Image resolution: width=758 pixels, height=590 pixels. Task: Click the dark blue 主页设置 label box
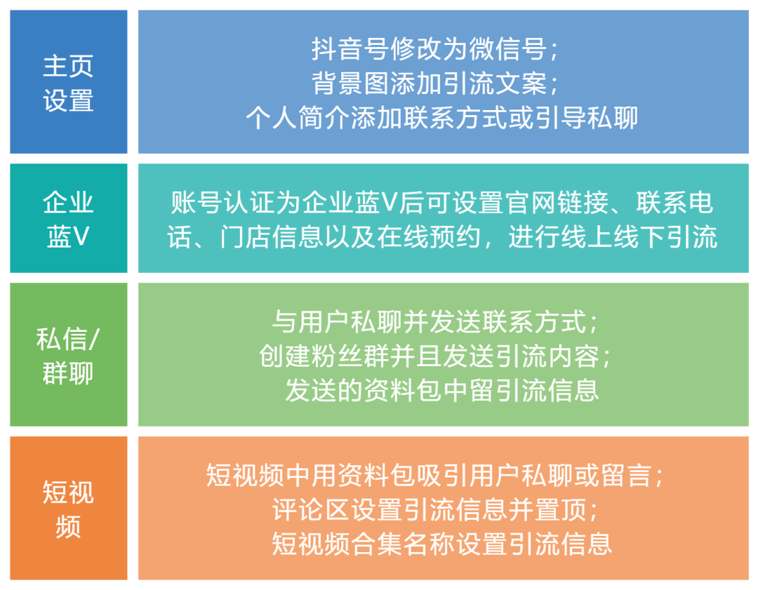tap(68, 82)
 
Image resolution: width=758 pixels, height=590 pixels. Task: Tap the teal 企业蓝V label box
tap(68, 218)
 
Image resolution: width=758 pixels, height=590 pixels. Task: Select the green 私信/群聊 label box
tap(68, 354)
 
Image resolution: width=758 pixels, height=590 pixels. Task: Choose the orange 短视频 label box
tap(68, 508)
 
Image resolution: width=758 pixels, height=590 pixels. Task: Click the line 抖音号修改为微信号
tap(435, 49)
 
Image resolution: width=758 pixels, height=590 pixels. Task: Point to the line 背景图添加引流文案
tap(435, 83)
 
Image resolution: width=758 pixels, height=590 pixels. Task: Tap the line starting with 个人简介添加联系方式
tap(442, 117)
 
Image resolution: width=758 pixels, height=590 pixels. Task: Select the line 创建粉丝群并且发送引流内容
tap(435, 356)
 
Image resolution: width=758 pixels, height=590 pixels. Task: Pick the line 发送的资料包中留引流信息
tap(442, 389)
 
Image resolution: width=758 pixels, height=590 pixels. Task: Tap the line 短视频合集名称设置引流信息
tap(442, 543)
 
